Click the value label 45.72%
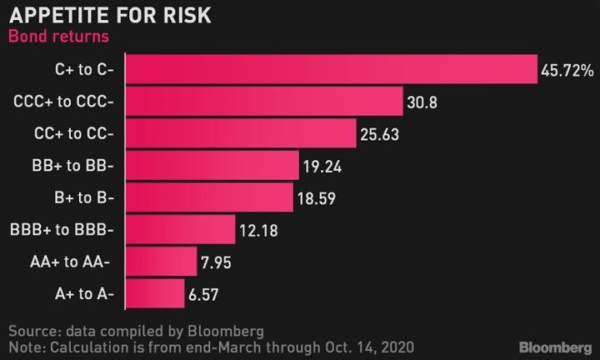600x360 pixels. click(567, 72)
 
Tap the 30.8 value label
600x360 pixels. click(422, 103)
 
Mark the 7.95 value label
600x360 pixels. click(217, 263)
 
